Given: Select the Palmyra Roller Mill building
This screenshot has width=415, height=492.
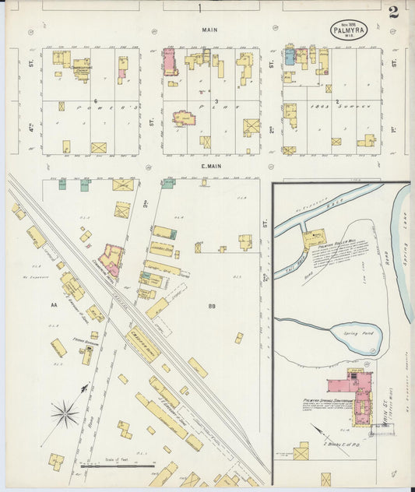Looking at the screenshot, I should point(315,238).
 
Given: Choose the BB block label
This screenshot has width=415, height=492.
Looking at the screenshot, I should point(211,306).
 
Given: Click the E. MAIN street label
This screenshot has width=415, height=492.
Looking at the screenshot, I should point(201,165).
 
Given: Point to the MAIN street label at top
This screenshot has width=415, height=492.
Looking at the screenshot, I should point(209,30).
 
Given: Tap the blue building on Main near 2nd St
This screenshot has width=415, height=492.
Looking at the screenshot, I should point(289,56).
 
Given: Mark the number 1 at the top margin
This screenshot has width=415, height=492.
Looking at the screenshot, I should point(199,9).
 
